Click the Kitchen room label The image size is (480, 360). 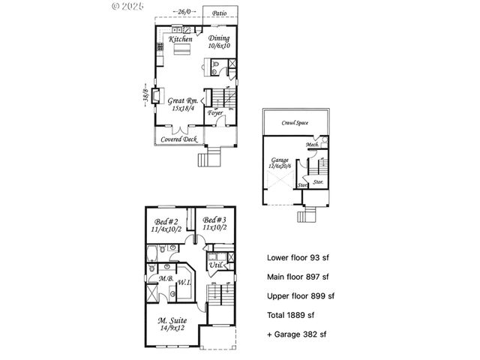pos(180,39)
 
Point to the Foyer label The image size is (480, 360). pos(215,113)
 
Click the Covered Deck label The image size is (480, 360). pos(179,139)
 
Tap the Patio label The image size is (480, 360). pos(219,13)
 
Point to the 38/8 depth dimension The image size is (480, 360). pos(144,97)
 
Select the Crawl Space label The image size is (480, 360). pos(296,122)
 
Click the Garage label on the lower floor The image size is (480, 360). pos(280,160)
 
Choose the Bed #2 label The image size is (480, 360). pos(165,222)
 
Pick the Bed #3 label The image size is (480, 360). pos(214,222)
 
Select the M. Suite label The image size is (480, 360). pos(172,320)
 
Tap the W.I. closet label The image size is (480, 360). pos(183,283)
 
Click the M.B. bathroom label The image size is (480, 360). pos(166,279)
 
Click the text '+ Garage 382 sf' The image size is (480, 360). pos(297,334)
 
